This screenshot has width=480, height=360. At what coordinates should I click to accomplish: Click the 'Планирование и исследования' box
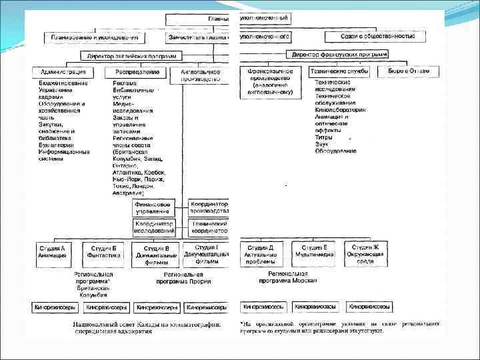point(94,37)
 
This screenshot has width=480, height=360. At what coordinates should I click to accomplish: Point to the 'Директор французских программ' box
point(338,54)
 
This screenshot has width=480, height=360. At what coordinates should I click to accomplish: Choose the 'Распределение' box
point(137,71)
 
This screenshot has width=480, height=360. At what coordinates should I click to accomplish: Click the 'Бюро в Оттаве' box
point(409,71)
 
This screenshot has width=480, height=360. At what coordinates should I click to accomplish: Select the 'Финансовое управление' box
point(153,207)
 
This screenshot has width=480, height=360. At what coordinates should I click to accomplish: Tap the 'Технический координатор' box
point(209,227)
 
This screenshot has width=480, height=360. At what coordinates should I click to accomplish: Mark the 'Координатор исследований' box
point(154,227)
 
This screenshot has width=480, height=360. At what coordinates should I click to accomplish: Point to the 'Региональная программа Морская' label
point(287,277)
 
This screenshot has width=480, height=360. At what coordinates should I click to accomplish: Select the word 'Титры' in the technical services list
point(323,137)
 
